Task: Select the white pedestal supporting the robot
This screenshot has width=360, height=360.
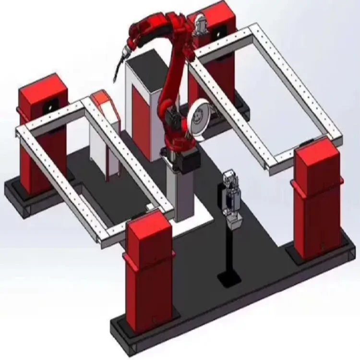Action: (181, 192)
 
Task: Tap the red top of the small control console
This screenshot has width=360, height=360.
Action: (102, 98)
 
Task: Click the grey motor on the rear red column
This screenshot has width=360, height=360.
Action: (200, 22)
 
